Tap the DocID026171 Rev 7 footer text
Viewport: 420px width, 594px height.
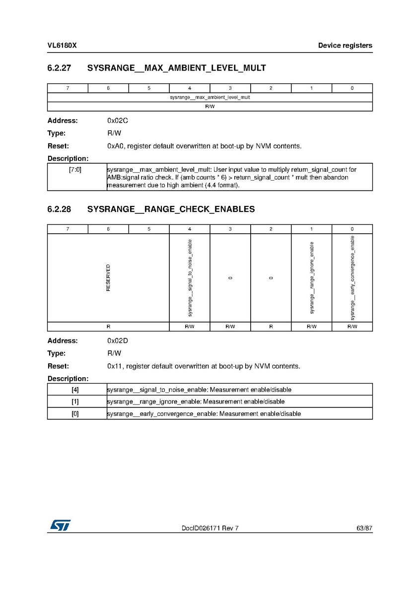click(x=210, y=528)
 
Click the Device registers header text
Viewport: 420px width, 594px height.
click(x=345, y=46)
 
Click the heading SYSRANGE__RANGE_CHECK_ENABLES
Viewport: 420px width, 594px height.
click(x=171, y=209)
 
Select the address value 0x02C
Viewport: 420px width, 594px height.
click(x=118, y=121)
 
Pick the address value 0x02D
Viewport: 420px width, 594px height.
click(x=118, y=341)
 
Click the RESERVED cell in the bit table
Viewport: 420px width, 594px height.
click(x=108, y=278)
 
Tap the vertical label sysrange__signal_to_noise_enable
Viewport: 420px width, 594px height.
click(x=190, y=278)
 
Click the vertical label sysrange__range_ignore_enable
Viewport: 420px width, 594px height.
click(x=312, y=278)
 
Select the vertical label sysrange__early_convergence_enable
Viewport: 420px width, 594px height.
click(x=352, y=278)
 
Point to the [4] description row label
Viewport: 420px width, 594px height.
click(x=75, y=390)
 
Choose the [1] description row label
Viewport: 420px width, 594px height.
click(x=75, y=401)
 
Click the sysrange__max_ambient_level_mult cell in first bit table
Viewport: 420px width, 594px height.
click(x=210, y=98)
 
